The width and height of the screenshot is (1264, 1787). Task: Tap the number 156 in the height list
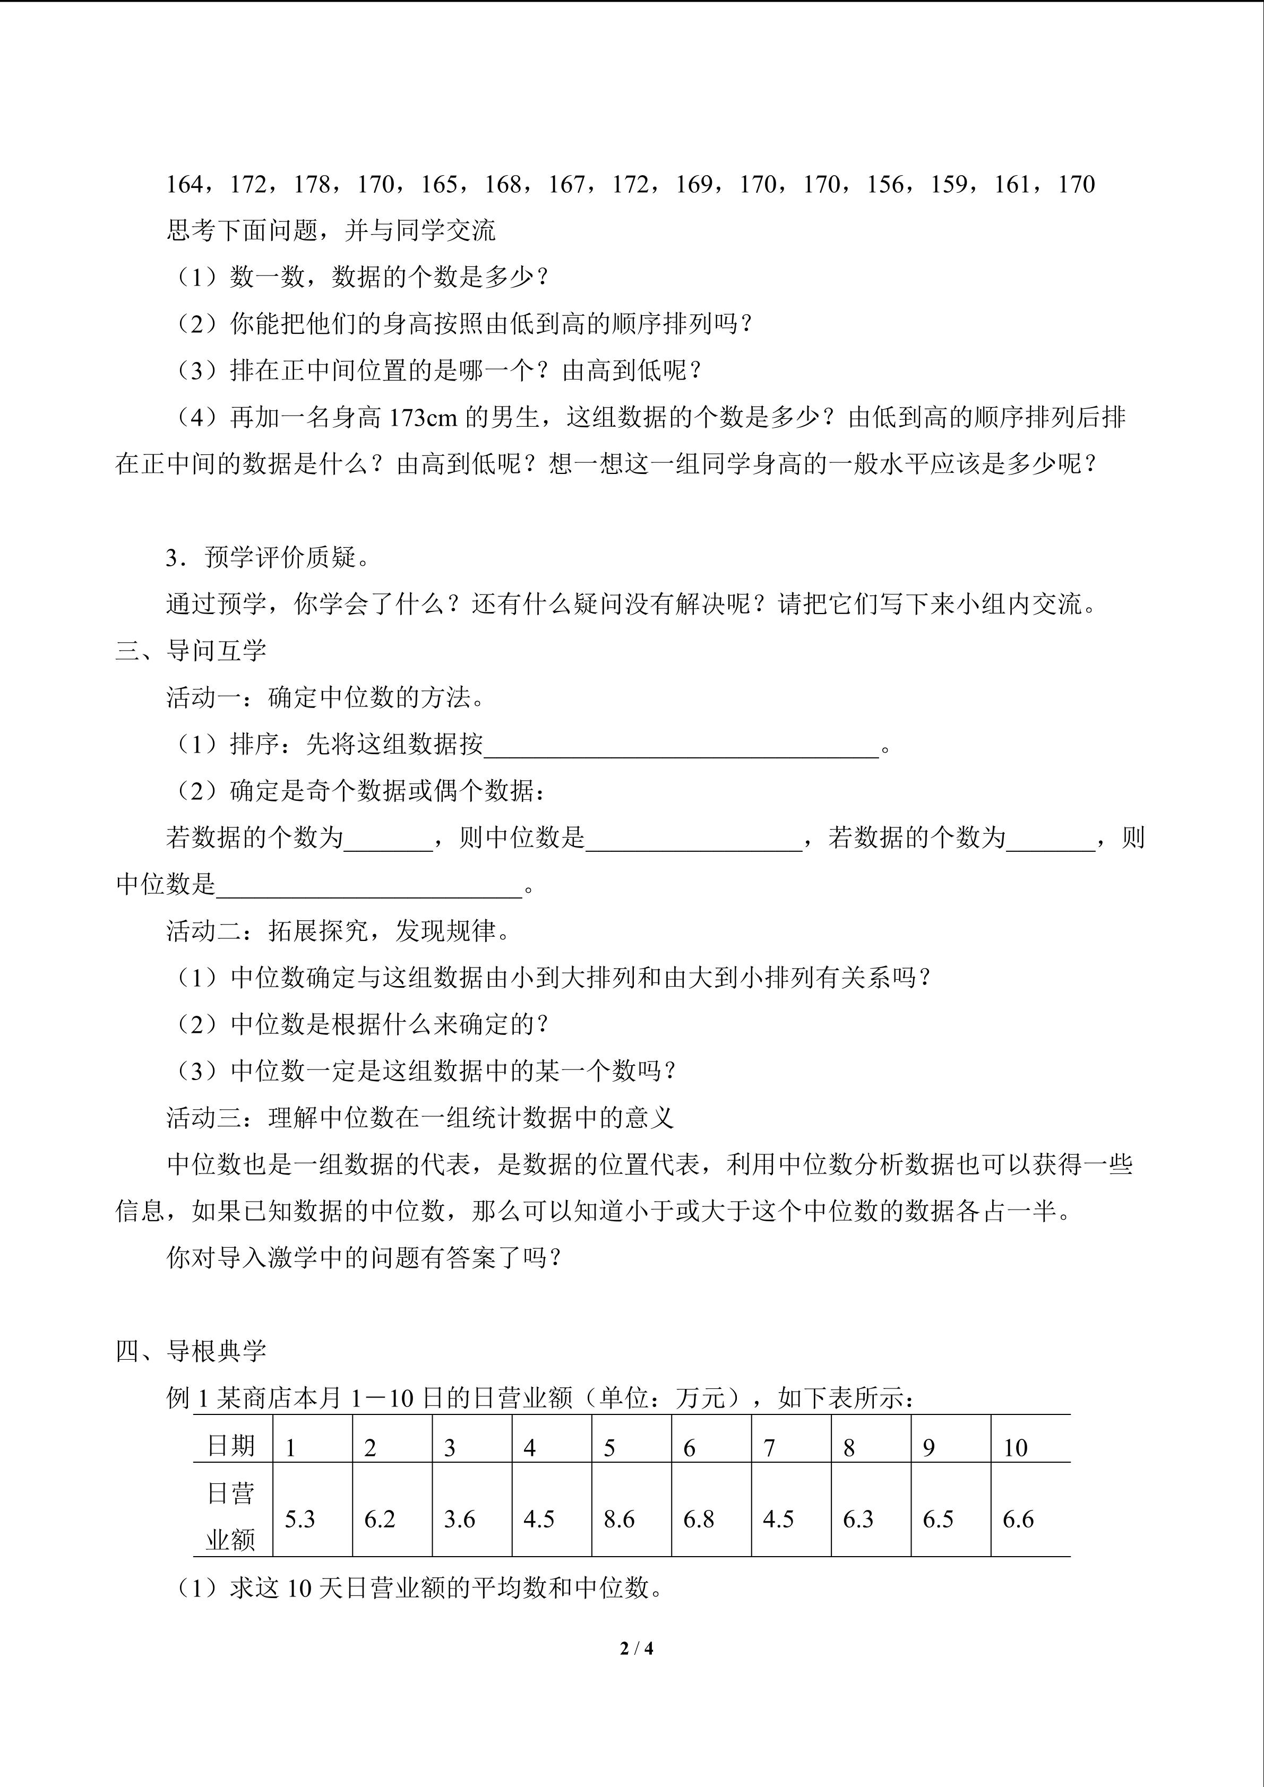pos(885,185)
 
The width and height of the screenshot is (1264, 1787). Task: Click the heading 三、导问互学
pos(191,651)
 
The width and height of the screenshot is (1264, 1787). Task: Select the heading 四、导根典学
pos(191,1351)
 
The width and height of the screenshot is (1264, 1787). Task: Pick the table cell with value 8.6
pos(620,1520)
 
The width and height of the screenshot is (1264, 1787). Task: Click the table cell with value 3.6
pos(459,1520)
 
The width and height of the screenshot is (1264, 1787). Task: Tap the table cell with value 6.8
pos(699,1520)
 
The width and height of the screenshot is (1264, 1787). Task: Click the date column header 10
pos(1015,1448)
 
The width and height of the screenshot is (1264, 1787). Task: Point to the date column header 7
pos(769,1448)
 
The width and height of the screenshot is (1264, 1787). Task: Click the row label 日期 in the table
pos(231,1446)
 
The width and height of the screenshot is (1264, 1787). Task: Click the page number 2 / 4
pos(637,1648)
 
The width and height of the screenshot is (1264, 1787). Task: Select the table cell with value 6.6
pos(1018,1520)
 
